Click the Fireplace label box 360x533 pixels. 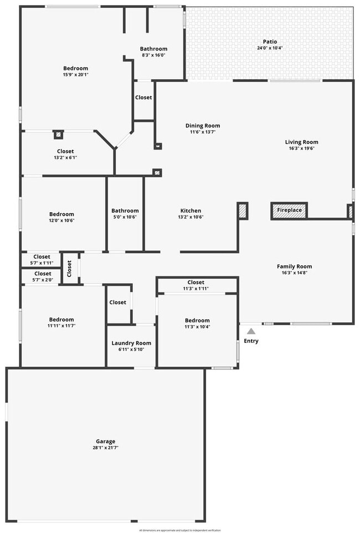click(289, 211)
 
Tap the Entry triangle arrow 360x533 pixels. click(251, 331)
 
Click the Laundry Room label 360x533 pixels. click(131, 344)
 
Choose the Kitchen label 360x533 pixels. click(191, 211)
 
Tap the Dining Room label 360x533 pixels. click(202, 126)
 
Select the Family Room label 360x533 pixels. click(294, 266)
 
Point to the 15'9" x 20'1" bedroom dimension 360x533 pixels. click(75, 75)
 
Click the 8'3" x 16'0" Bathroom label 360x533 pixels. click(153, 49)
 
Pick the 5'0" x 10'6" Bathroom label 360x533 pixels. click(125, 211)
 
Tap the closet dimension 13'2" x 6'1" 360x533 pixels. click(65, 158)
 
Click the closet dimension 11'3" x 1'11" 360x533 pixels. click(196, 289)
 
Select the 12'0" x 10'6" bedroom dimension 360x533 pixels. click(61, 221)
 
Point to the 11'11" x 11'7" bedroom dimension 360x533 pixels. click(61, 326)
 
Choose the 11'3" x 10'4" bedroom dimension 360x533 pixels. click(197, 327)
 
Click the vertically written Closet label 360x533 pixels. click(70, 268)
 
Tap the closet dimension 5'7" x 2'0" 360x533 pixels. click(42, 280)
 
